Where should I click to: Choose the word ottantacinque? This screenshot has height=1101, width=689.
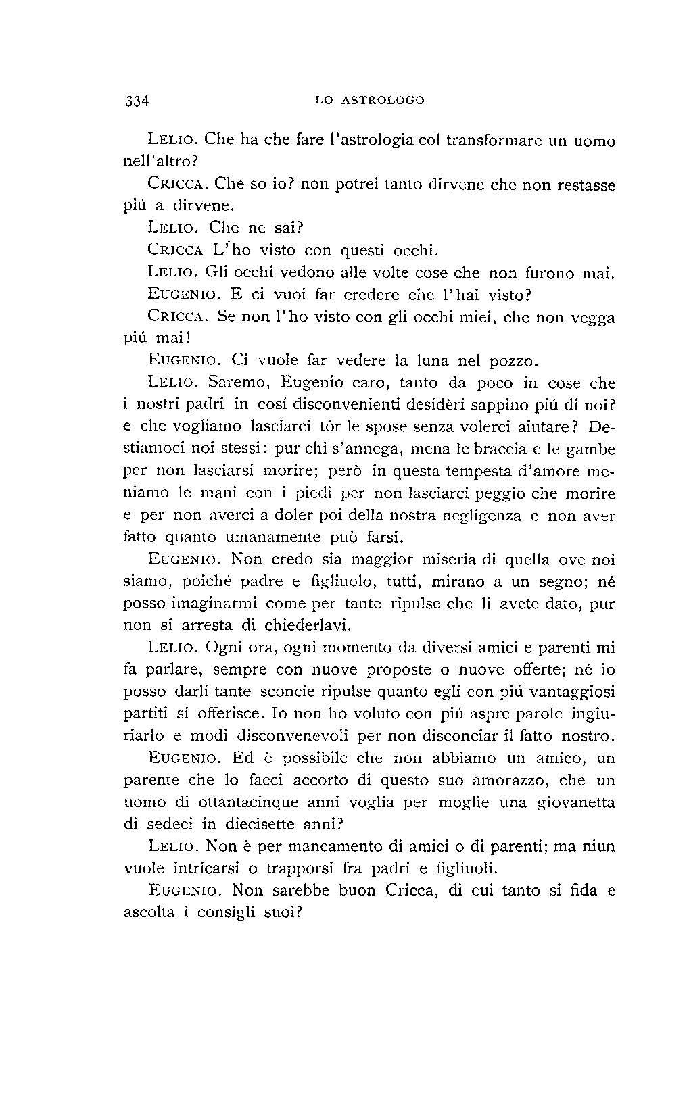[x=247, y=803]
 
